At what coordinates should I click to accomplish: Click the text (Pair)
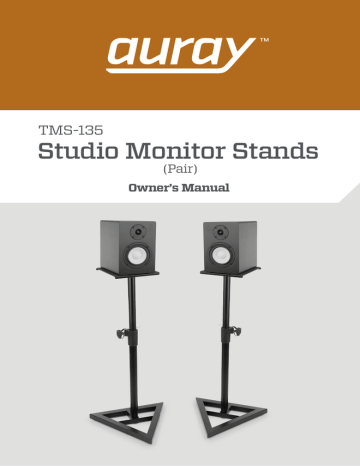(180, 169)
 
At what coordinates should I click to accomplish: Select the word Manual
(207, 187)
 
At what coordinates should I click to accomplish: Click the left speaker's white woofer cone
(133, 251)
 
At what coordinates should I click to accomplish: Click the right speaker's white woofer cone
(228, 251)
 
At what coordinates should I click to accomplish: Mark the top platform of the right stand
(229, 270)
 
